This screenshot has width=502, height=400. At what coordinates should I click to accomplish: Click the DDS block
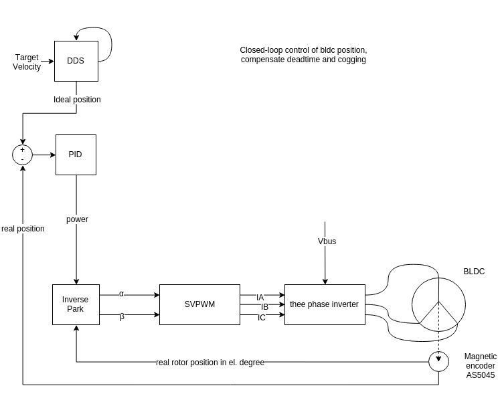pos(76,61)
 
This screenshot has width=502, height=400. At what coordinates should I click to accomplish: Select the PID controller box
pos(76,155)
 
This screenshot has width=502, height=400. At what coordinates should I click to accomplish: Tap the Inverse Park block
pos(76,304)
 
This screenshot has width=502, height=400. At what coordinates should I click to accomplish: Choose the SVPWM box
pos(199,304)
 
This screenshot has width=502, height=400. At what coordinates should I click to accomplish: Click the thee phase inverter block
pos(324,304)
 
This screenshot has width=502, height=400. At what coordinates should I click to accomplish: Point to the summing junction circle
pos(23,155)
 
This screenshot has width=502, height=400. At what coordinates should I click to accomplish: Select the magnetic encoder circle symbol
pos(438,362)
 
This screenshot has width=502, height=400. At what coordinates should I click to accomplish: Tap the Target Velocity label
pos(27,62)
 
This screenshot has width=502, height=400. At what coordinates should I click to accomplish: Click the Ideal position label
pos(77,100)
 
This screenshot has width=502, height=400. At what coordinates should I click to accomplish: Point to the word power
pos(77,219)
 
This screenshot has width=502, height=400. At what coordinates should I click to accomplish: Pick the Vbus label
pos(327,241)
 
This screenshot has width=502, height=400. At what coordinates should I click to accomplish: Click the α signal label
pos(121,294)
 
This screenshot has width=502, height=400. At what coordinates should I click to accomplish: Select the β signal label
pos(122,316)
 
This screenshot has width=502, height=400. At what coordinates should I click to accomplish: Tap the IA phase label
pos(260,297)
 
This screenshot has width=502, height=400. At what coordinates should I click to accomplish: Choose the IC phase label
pos(262,317)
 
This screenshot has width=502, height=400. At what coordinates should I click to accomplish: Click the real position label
pos(23,229)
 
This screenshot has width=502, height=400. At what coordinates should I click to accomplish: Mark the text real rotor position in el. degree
pos(210,363)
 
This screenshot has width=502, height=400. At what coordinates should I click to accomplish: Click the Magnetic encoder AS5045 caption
pos(480,366)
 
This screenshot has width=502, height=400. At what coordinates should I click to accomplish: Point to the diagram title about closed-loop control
pos(303,55)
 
